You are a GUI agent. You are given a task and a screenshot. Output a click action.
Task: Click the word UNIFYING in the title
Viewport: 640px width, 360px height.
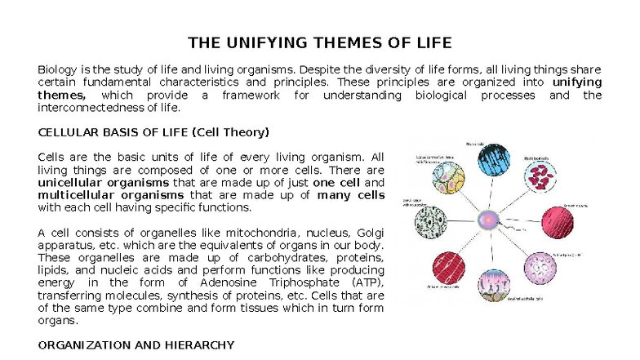[267, 42]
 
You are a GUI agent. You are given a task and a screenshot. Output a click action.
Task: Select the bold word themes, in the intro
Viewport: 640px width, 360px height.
[61, 96]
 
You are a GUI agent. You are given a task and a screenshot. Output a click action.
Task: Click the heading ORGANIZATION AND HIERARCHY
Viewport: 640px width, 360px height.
[136, 345]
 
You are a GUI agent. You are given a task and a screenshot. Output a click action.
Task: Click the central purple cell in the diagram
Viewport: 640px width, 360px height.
[489, 219]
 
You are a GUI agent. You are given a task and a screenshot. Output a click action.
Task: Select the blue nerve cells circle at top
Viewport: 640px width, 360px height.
[494, 161]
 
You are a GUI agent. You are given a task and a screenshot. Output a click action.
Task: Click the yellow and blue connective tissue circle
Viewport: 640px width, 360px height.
[447, 175]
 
